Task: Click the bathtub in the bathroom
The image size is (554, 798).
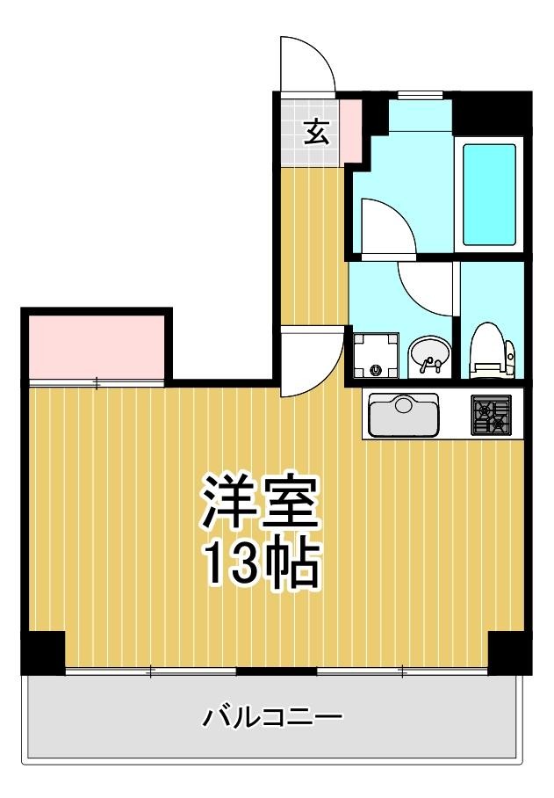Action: [489, 193]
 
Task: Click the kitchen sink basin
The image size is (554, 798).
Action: [404, 414]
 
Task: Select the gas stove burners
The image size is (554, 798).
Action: [492, 414]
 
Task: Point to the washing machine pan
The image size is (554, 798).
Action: [376, 356]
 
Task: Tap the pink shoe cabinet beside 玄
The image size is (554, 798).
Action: [350, 132]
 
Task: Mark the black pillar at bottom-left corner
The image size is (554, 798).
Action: [43, 652]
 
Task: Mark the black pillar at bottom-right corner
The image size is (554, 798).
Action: [510, 652]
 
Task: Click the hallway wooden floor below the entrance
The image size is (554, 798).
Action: [312, 246]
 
